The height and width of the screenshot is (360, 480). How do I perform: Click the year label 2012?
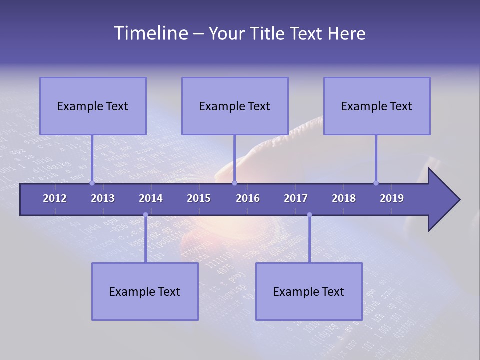tap(55, 198)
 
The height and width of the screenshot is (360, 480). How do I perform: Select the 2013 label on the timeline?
tap(103, 198)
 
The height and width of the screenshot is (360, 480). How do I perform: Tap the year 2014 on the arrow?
tap(151, 198)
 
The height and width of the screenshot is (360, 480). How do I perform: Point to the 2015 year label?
tap(199, 198)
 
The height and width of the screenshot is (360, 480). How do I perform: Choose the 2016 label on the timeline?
tap(248, 198)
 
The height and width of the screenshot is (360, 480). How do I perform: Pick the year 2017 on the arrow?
tap(296, 198)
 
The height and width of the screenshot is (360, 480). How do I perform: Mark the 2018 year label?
tap(344, 198)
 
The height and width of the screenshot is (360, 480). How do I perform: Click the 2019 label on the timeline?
tap(392, 198)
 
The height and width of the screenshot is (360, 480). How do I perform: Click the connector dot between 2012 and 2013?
tap(92, 183)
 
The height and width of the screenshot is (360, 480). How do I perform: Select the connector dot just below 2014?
tap(145, 215)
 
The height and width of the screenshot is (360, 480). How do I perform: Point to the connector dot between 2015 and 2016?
tap(234, 183)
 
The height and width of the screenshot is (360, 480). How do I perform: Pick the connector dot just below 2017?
tap(309, 215)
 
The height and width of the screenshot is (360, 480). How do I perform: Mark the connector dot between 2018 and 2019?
tap(376, 183)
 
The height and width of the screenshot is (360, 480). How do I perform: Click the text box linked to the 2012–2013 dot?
tap(93, 106)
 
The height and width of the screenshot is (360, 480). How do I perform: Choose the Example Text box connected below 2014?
tap(145, 291)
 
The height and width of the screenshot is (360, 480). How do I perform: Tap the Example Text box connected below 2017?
tap(309, 291)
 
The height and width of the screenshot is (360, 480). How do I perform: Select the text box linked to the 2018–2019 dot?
tap(377, 106)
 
